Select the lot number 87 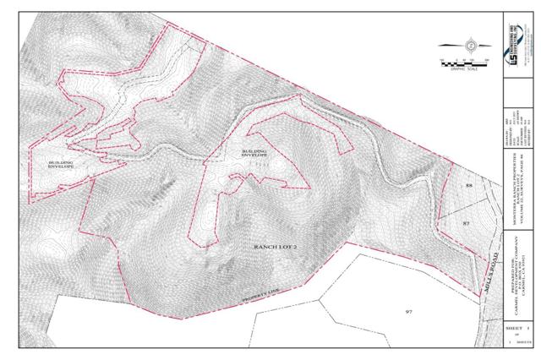[x=466, y=221]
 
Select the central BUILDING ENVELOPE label [x=254, y=154]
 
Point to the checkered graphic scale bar [x=465, y=62]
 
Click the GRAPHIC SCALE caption [x=465, y=69]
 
